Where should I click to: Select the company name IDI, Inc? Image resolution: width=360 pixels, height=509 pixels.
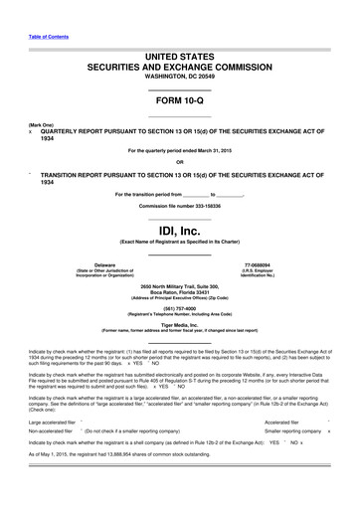(x=179, y=230)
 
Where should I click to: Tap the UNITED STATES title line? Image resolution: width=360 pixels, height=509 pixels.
(x=179, y=60)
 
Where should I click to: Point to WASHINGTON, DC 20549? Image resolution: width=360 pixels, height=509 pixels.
(x=179, y=85)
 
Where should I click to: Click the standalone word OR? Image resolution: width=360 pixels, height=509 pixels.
(x=179, y=163)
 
